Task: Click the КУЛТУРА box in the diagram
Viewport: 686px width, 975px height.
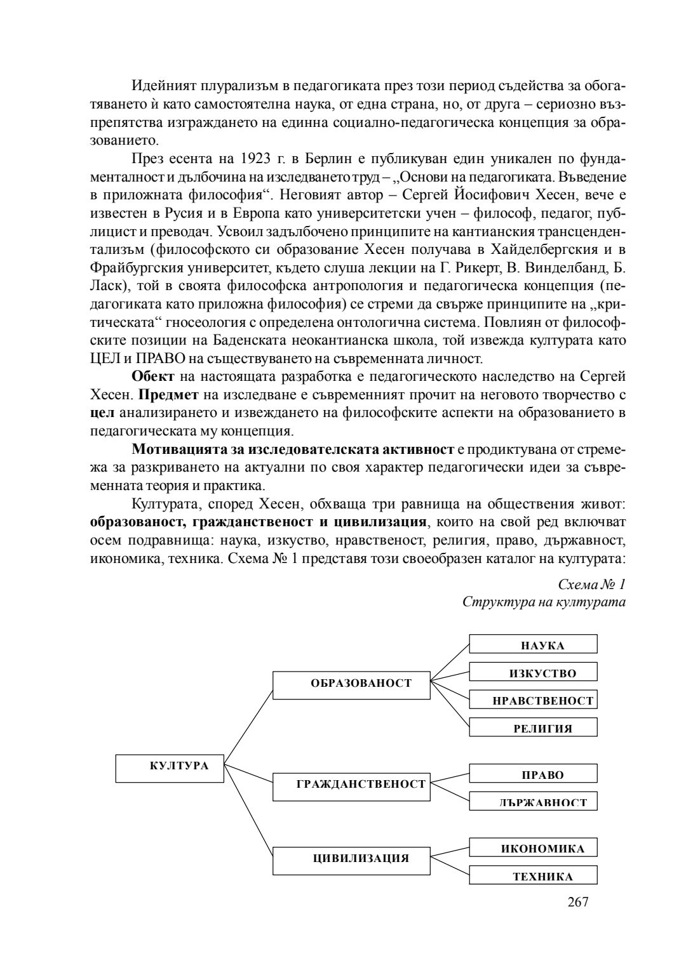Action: point(170,769)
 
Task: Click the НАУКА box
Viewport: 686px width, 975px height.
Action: point(534,644)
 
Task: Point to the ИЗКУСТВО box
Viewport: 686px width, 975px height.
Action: point(534,672)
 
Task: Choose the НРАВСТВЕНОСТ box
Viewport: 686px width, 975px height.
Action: point(534,700)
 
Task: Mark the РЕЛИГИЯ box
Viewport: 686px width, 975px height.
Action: point(534,727)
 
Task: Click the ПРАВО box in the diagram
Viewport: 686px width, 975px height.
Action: point(534,773)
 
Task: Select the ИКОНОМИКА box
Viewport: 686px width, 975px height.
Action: point(534,847)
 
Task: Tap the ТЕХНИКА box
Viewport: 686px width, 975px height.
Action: point(534,875)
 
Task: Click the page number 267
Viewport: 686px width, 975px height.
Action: point(577,901)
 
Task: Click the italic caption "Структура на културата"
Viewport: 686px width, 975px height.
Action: point(544,602)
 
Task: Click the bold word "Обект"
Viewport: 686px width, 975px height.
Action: point(153,377)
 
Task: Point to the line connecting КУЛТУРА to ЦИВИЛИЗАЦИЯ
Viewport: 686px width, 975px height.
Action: point(249,813)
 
